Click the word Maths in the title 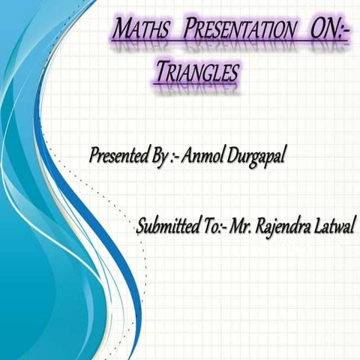pos(139,31)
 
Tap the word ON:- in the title pos(328,31)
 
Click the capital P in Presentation pos(188,31)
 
